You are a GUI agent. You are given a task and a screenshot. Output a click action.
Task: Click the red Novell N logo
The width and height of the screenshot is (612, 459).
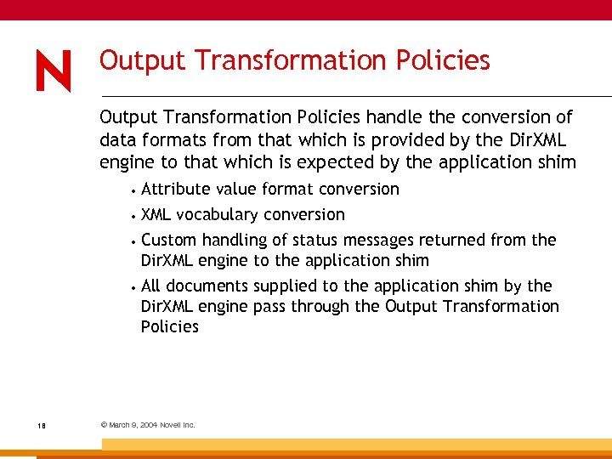54,71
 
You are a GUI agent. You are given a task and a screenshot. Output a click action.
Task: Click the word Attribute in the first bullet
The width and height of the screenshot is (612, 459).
174,189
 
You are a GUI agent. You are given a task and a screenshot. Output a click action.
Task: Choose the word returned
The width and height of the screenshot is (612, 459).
447,240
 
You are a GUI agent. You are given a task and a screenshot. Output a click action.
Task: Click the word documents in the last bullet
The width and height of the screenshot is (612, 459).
204,286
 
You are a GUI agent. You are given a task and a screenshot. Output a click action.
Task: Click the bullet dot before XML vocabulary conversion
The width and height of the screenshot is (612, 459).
134,215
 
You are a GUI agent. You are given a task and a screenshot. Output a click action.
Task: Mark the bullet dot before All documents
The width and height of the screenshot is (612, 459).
134,286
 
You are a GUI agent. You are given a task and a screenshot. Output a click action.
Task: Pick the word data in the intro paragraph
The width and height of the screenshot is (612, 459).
117,139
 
